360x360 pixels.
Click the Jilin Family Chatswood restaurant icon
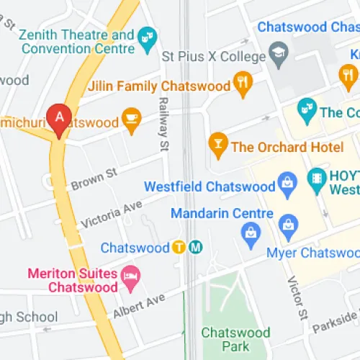243,86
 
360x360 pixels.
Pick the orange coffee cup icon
131,122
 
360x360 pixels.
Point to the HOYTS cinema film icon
316,179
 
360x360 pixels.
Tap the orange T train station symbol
180,248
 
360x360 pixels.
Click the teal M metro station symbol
196,248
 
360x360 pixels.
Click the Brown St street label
94,179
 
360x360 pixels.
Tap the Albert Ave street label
139,306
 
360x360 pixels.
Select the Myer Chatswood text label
312,253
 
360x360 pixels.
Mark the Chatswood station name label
135,248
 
